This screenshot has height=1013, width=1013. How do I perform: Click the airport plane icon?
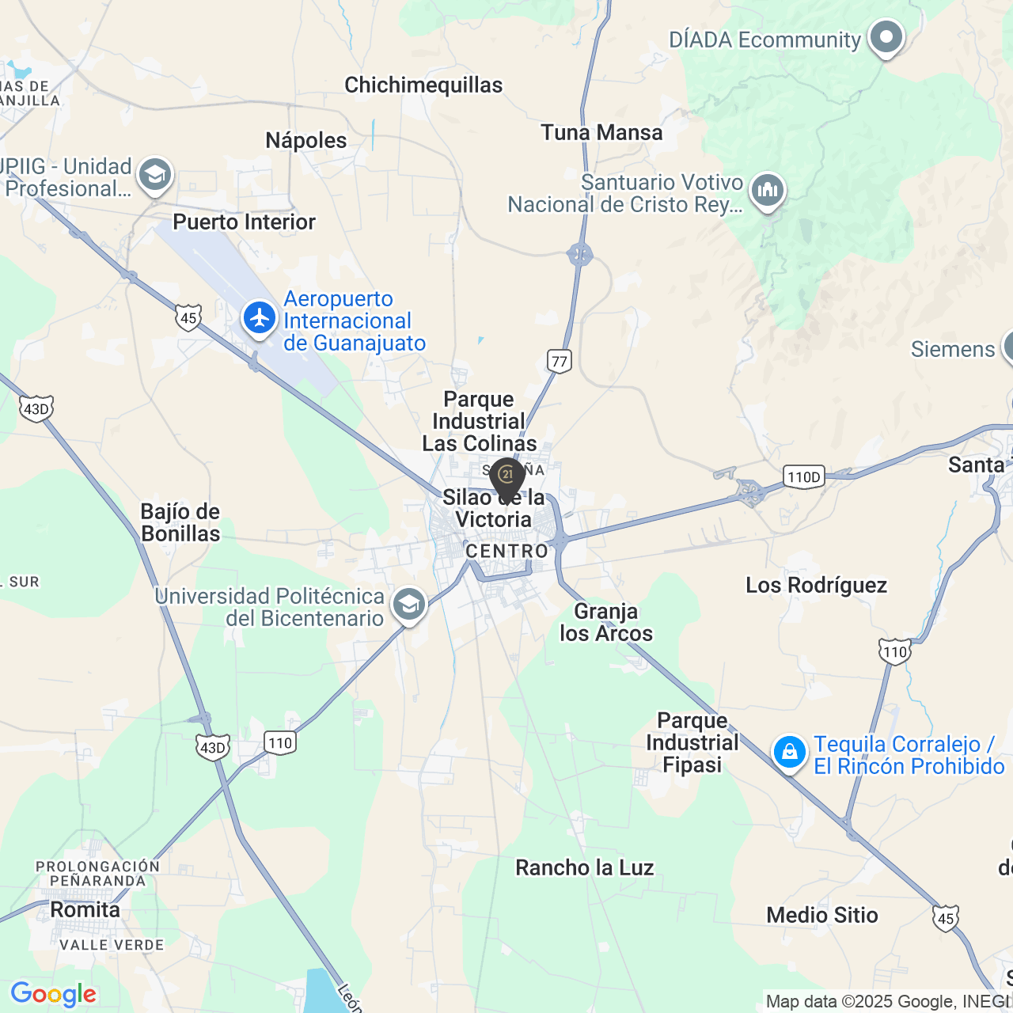260,318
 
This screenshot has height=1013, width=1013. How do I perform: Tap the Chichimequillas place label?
423,85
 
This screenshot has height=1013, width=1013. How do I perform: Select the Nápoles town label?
306,141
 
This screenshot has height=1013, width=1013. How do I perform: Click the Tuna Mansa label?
601,133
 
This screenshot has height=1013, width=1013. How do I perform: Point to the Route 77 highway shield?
560,362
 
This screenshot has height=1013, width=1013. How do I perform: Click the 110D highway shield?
804,476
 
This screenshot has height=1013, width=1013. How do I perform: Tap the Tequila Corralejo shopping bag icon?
790,753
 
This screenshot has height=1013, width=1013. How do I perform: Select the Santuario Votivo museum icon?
768,191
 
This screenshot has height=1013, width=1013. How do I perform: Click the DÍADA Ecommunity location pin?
886,36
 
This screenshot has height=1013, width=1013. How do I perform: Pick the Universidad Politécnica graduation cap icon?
409,605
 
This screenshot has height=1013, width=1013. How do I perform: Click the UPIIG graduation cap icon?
155,175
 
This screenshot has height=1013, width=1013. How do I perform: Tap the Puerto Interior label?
244,222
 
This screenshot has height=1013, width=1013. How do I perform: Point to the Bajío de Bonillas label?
180,522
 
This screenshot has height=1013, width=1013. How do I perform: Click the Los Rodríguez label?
816,586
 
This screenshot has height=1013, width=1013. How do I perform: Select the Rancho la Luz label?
585,868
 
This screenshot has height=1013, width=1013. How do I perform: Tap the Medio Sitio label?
822,916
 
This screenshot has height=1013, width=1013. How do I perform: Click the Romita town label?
85,910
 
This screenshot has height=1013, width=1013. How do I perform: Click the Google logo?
53,994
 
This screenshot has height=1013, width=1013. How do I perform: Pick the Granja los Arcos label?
606,623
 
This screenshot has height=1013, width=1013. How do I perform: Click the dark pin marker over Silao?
507,477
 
